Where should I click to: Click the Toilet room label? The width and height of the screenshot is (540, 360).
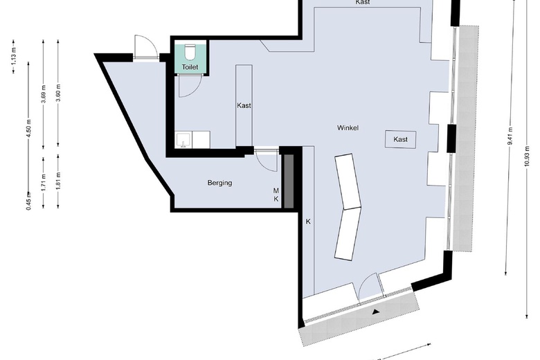[x=190, y=67]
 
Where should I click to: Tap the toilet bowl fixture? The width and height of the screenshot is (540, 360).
[x=190, y=51]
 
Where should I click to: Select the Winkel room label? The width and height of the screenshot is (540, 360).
[x=348, y=129]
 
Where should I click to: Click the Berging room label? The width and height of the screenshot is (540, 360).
[x=219, y=183]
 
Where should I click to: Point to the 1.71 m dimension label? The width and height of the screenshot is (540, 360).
[x=44, y=181]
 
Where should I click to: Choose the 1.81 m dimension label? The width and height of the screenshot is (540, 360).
[x=58, y=181]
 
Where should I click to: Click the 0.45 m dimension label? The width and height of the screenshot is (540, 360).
[x=28, y=200]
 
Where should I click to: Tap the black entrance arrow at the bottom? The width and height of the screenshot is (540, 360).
[x=376, y=312]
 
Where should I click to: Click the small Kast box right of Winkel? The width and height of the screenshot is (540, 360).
[x=400, y=139]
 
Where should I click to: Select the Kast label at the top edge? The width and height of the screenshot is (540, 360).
[x=362, y=3]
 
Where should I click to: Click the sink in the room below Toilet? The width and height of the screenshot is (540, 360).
[x=183, y=141]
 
